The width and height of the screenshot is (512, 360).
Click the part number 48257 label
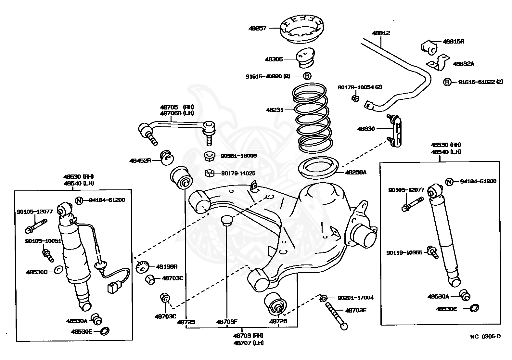[x=257, y=28]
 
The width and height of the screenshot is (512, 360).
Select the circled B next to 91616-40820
[x=307, y=76]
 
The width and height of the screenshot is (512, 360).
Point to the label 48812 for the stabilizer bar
[x=381, y=33]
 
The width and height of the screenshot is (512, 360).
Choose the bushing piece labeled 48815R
[x=429, y=46]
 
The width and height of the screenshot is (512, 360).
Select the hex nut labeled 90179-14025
[x=210, y=174]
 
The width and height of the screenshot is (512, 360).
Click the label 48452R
[x=140, y=161]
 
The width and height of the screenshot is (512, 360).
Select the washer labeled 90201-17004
[x=323, y=298]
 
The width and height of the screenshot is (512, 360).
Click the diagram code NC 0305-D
[x=485, y=336]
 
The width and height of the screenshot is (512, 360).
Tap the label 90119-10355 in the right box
[x=404, y=252]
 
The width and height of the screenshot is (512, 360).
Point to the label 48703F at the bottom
[x=227, y=322]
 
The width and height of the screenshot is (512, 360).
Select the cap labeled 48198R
[x=142, y=267]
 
